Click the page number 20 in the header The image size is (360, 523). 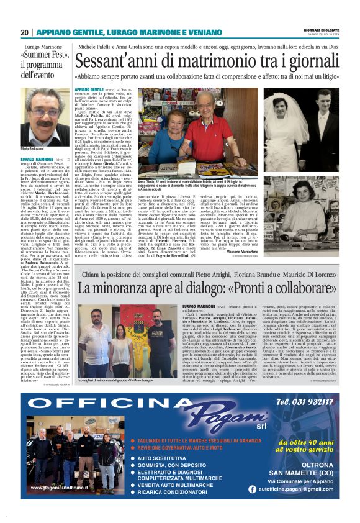click(24, 32)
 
